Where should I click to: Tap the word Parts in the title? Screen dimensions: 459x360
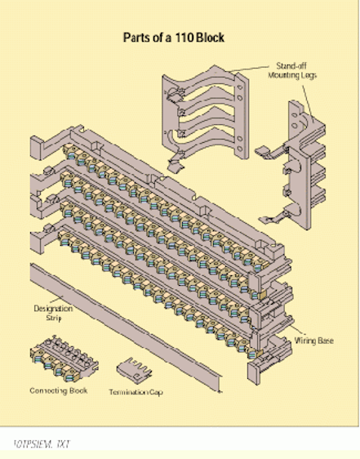point(139,38)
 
